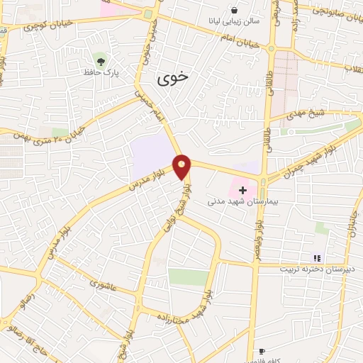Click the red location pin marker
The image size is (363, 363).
(182, 167)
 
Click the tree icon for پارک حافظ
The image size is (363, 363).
(99, 57)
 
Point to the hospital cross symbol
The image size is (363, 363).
(242, 190)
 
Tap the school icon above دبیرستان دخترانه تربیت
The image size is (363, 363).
(318, 258)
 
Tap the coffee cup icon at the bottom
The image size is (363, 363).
(262, 351)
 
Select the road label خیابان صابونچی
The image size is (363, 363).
(330, 11)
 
